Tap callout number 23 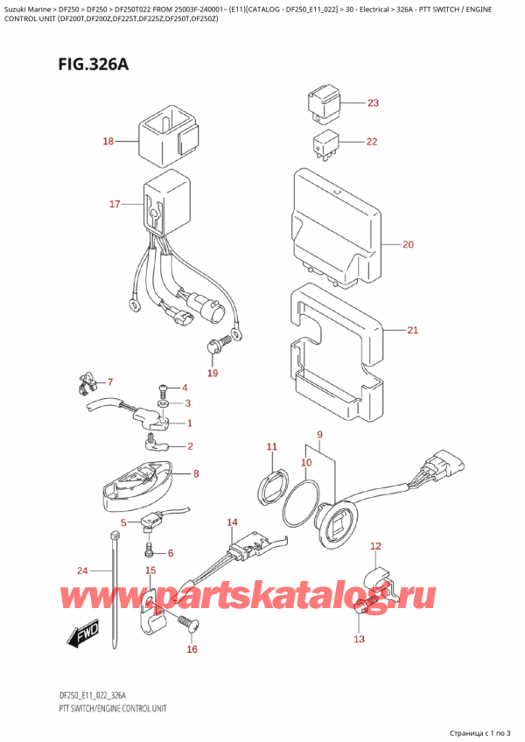tap(374, 103)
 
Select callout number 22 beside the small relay tap(373, 142)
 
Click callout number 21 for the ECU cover tap(413, 331)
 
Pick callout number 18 tap(108, 141)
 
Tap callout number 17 tap(115, 205)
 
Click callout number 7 tap(110, 382)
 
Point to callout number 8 tap(196, 474)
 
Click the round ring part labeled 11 tap(273, 481)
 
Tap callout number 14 tap(232, 523)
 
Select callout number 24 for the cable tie tap(82, 571)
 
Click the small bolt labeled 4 tap(163, 388)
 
